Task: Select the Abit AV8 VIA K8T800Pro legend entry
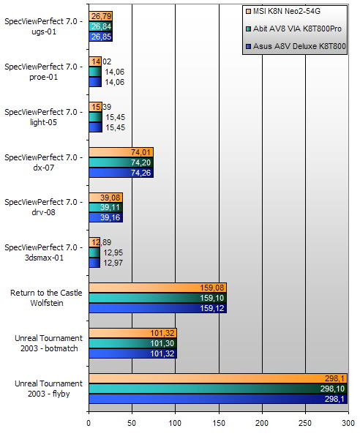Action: [299, 29]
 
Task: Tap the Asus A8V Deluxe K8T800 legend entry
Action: [299, 48]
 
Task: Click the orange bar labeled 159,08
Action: [157, 288]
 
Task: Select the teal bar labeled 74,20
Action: [121, 162]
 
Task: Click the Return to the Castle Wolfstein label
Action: [45, 298]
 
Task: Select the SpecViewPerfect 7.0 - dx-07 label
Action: [45, 162]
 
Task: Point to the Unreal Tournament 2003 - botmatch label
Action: [45, 343]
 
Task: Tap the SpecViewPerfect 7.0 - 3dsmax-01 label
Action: [45, 252]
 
